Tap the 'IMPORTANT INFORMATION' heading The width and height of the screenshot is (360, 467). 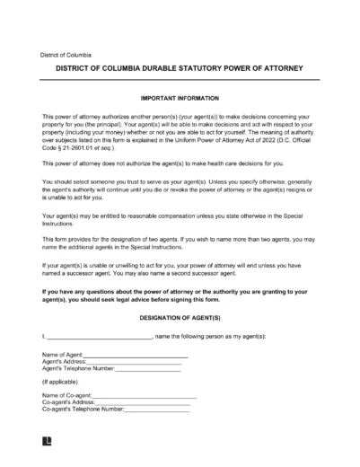coord(180,96)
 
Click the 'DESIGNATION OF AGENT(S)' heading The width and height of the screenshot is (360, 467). coord(180,318)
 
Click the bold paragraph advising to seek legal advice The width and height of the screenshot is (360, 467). coord(180,296)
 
